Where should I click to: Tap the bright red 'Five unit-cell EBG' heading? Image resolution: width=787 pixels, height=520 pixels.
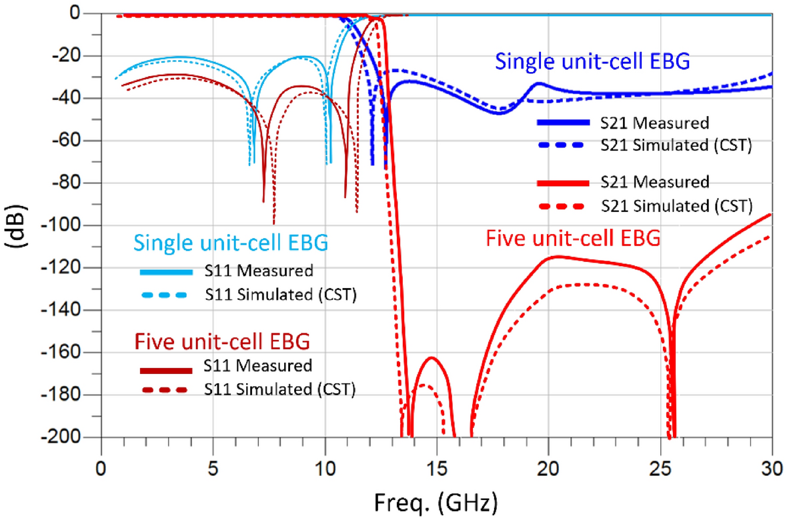tap(574, 237)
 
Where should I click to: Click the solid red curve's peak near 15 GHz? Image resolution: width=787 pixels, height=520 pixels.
tap(432, 358)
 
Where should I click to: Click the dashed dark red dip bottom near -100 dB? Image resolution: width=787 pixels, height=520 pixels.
tap(273, 223)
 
